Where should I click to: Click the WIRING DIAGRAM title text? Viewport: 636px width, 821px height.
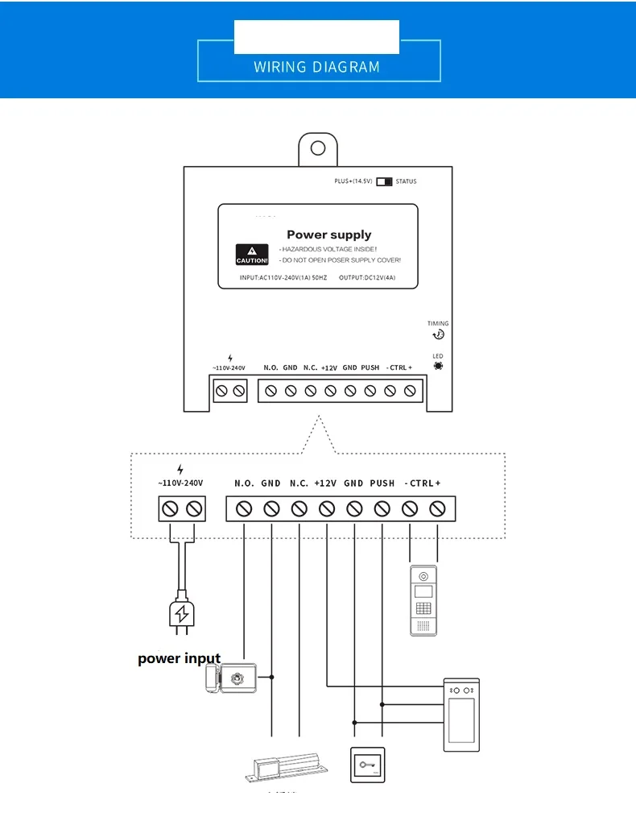point(316,67)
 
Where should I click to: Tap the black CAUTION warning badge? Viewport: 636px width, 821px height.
point(251,255)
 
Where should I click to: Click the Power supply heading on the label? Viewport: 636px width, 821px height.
point(328,234)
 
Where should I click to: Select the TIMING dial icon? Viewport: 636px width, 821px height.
point(438,334)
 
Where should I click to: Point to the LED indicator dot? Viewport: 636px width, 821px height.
point(438,366)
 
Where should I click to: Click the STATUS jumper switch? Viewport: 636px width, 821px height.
point(384,181)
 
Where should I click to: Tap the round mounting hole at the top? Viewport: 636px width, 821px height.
point(318,149)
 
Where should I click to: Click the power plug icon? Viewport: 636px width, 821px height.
point(182,615)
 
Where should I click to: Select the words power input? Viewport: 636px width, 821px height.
point(179,658)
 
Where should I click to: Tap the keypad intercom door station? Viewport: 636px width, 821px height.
point(423,601)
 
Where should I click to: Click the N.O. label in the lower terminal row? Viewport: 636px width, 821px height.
point(245,483)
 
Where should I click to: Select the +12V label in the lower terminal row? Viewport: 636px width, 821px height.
point(326,483)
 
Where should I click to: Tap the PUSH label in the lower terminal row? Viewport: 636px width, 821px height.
point(382,483)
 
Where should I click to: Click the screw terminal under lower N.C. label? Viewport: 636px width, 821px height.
point(299,509)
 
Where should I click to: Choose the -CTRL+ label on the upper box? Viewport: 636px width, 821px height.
point(399,368)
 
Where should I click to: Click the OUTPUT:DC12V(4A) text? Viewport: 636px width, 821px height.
point(367,278)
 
